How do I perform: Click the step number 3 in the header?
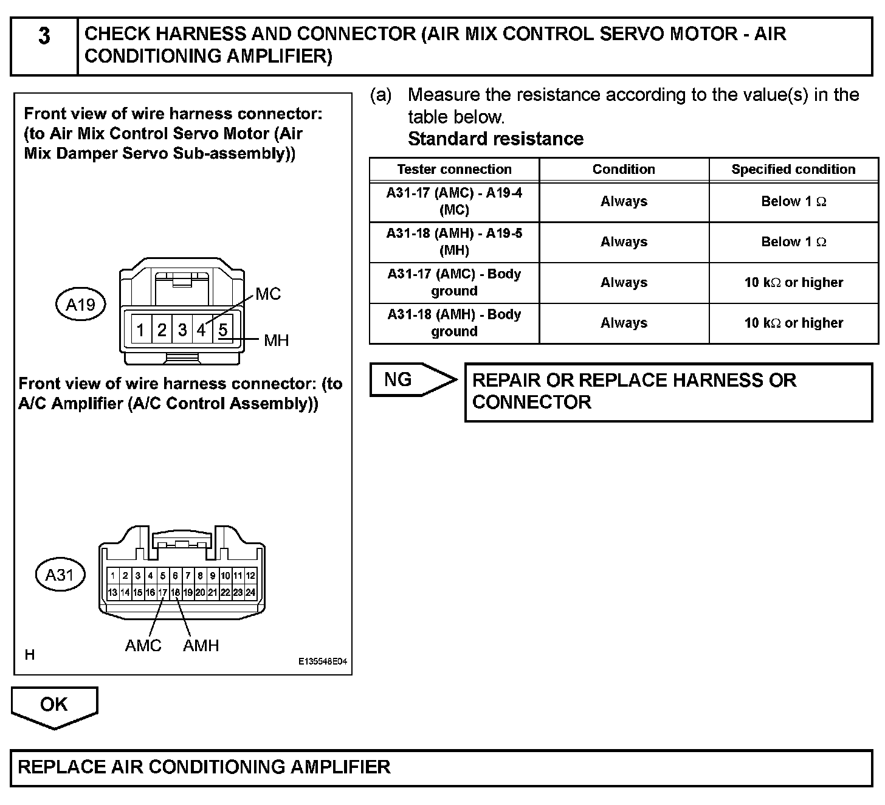[x=44, y=36]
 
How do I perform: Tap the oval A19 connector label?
[x=81, y=304]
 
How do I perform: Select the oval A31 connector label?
[x=60, y=575]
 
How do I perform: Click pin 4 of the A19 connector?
[x=201, y=330]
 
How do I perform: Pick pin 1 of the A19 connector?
[x=140, y=330]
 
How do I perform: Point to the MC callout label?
[x=268, y=294]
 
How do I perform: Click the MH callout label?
[x=276, y=340]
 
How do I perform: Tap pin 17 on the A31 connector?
[x=162, y=592]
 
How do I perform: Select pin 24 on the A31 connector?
[x=250, y=592]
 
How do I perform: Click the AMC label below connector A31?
[x=143, y=646]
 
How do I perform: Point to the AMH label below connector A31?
[x=201, y=646]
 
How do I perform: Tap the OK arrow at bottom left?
[x=54, y=705]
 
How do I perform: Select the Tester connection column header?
[x=454, y=170]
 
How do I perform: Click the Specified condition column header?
[x=793, y=170]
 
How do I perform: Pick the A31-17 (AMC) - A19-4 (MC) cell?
[x=454, y=201]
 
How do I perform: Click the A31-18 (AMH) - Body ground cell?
[x=454, y=323]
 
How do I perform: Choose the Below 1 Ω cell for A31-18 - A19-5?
[x=793, y=242]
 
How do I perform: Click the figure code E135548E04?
[x=322, y=663]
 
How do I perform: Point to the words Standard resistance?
[x=495, y=139]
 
